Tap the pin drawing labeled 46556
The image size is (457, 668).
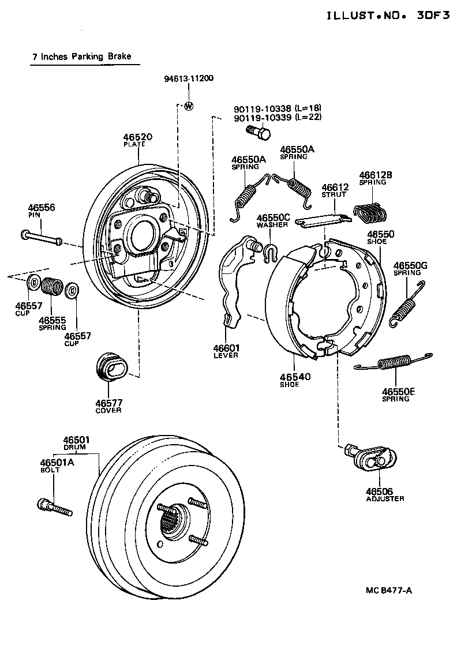41,237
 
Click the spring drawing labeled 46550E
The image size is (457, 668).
394,362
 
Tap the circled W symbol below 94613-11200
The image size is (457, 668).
189,106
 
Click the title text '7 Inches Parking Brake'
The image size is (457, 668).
82,57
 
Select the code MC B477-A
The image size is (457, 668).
388,590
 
